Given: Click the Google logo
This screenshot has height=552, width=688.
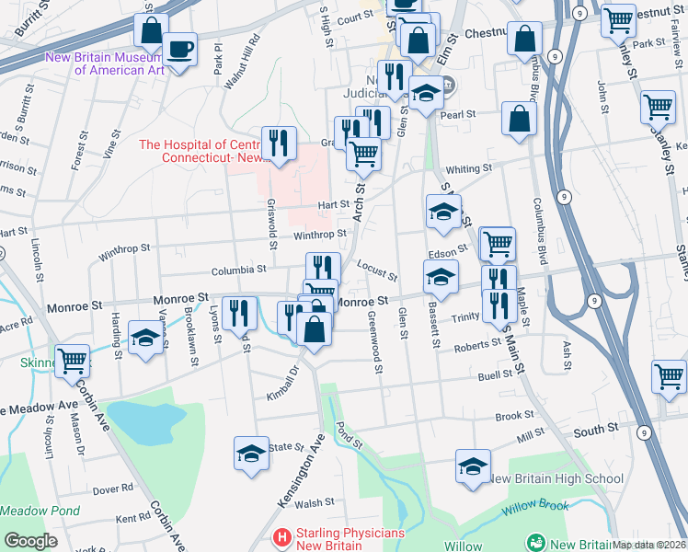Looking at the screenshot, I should (x=30, y=541).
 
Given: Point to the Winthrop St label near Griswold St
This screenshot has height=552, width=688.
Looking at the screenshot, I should (x=319, y=234).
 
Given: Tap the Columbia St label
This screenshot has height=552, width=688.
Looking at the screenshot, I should (x=237, y=270).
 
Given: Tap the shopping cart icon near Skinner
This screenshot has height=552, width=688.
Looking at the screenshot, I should (x=71, y=359).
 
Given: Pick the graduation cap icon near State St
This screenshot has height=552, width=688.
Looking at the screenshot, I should (x=251, y=454).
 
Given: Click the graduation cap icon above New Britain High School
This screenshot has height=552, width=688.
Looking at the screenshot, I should (x=473, y=466).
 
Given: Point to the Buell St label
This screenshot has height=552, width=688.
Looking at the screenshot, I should (x=494, y=376).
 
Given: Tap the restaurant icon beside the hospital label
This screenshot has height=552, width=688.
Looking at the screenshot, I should (x=278, y=143).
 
